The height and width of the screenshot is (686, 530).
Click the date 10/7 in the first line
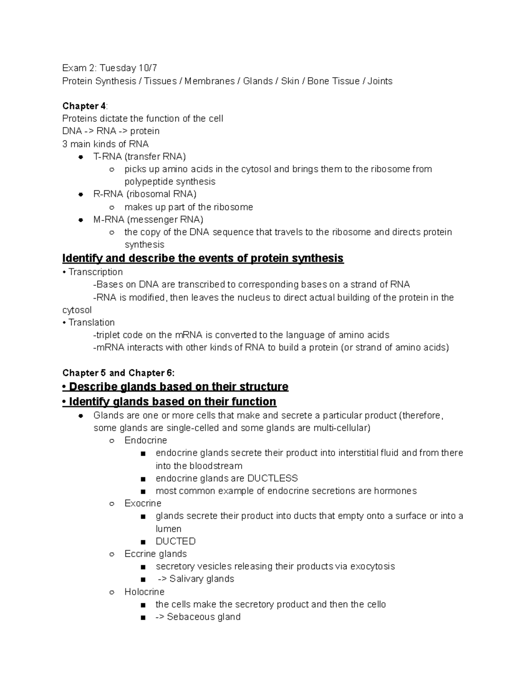[x=148, y=68]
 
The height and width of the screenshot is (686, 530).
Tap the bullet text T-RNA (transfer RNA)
[x=140, y=156]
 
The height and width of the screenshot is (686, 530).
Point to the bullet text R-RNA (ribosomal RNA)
[x=145, y=194]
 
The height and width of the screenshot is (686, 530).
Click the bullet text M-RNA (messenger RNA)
[x=148, y=220]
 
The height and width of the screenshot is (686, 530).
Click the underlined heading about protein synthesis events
[x=203, y=258]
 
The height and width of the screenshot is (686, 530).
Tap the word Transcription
[x=95, y=272]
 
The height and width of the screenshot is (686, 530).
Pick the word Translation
[x=91, y=322]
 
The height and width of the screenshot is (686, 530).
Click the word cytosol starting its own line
[x=77, y=310]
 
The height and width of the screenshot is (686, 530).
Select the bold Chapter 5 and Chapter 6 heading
[x=118, y=373]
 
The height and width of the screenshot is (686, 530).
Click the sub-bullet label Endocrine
[x=146, y=440]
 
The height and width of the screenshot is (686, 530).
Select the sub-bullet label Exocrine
[x=143, y=504]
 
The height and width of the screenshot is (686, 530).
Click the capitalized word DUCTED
[x=175, y=541]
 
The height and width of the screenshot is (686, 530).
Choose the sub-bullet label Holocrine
[x=144, y=591]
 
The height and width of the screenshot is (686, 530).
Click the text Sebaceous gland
[x=205, y=617]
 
